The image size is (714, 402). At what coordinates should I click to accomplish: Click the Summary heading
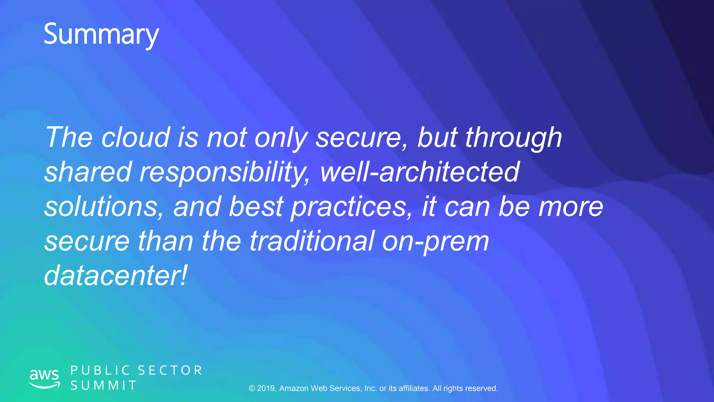(101, 35)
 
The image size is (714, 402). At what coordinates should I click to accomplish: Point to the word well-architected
(420, 172)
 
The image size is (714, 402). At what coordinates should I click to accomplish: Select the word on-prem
(435, 241)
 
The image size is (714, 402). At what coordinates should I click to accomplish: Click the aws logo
(44, 378)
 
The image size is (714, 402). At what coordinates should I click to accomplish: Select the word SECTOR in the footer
(170, 370)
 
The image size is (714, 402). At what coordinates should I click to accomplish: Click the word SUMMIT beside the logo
(104, 386)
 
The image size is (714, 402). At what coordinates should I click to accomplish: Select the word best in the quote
(256, 206)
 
